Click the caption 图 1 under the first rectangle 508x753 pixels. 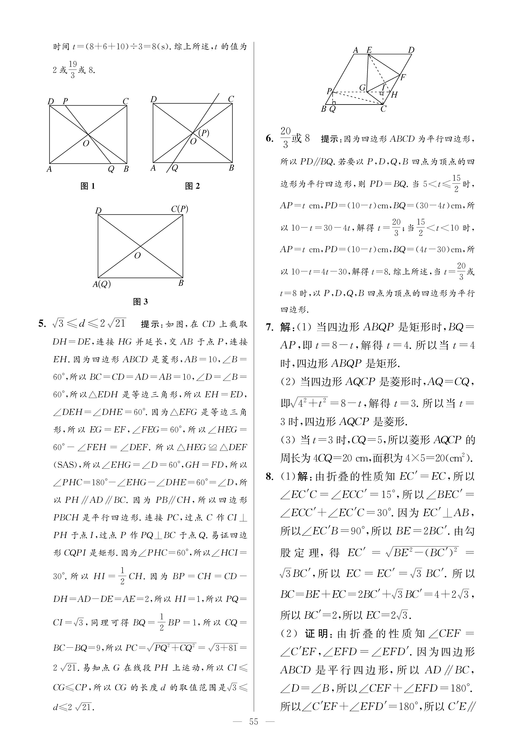pos(88,186)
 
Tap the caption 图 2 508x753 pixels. pos(192,186)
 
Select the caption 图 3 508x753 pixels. pos(140,302)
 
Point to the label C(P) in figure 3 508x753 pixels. pos(180,209)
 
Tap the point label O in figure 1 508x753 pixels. pos(86,144)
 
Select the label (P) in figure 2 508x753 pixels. pos(204,133)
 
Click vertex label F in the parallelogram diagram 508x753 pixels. pos(403,77)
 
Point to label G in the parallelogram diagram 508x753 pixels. pos(362,88)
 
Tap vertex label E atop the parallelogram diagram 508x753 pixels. pos(369,50)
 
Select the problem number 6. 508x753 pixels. pos(270,139)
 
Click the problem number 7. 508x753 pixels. pos(270,327)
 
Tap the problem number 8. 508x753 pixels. pos(270,476)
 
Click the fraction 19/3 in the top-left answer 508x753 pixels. pos(73,70)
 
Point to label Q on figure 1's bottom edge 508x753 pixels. pos(111,169)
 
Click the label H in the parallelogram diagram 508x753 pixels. pos(394,95)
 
